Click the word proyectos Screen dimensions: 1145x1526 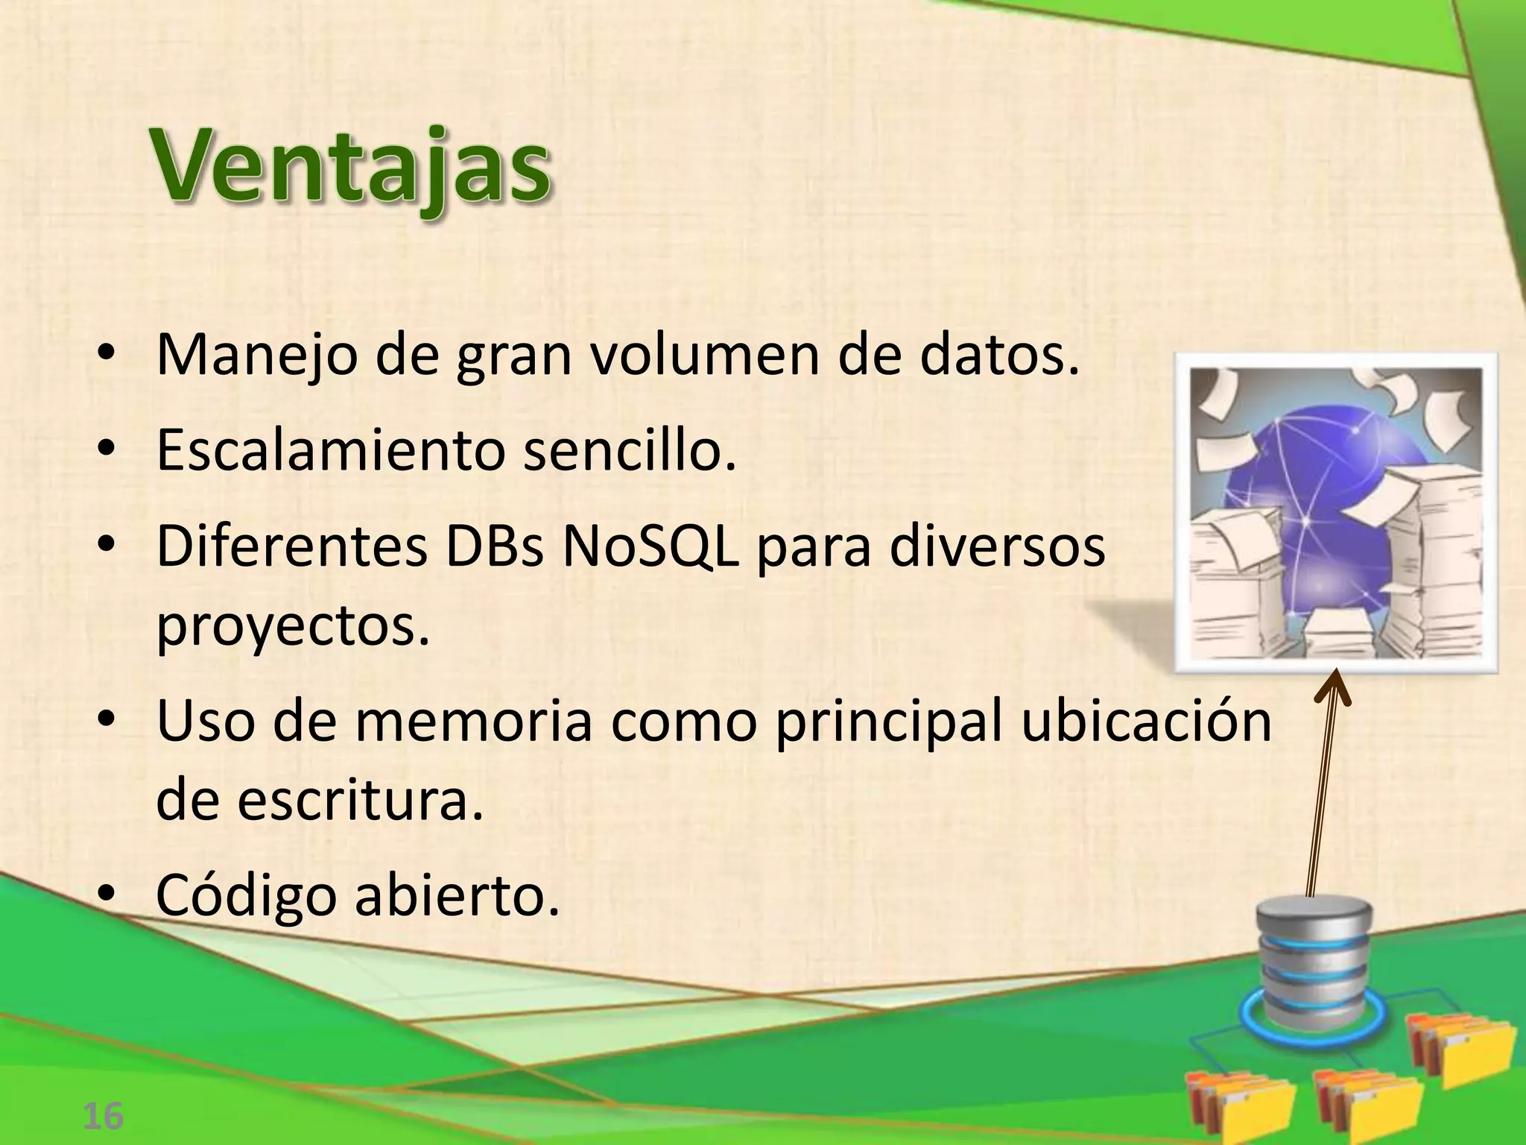click(x=294, y=628)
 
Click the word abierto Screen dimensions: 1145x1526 click(x=455, y=895)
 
